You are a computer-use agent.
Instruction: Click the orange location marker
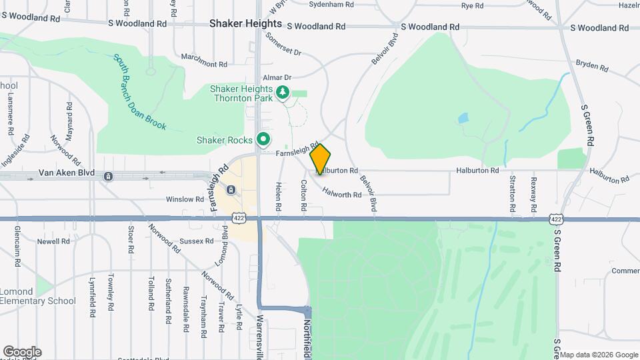tap(321, 159)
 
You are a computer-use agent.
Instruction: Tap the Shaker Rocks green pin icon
tap(263, 140)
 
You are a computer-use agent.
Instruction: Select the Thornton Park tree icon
tap(283, 92)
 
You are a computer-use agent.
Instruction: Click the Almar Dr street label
tap(277, 77)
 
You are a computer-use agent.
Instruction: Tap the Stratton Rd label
tap(512, 194)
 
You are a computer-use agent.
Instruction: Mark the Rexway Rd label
tap(533, 194)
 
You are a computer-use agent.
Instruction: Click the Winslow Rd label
tap(185, 199)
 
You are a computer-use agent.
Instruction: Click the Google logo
tap(22, 352)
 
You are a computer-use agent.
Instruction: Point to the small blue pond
tap(463, 119)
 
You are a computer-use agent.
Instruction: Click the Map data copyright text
tap(599, 354)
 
